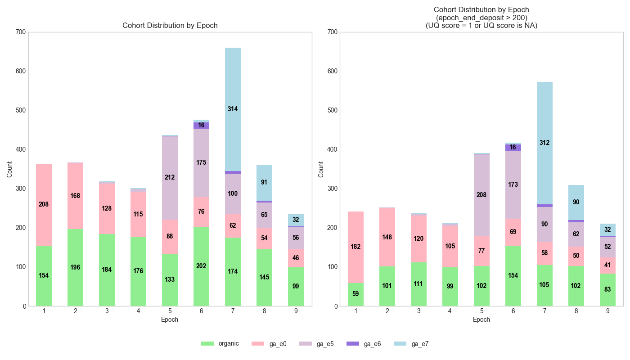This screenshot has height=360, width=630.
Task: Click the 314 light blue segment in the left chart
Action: pyautogui.click(x=233, y=109)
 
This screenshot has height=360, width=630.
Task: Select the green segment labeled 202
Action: pyautogui.click(x=201, y=266)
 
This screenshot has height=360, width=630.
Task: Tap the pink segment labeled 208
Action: pyautogui.click(x=44, y=205)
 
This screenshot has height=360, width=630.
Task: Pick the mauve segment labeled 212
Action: pyautogui.click(x=170, y=178)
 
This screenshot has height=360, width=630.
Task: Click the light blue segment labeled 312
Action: pyautogui.click(x=544, y=143)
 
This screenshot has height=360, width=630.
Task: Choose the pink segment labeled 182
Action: pyautogui.click(x=355, y=247)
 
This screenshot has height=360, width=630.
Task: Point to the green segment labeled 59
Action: pyautogui.click(x=355, y=294)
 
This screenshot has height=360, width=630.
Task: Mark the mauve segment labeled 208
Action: pyautogui.click(x=481, y=195)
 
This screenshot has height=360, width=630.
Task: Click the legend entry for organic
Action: pyautogui.click(x=220, y=344)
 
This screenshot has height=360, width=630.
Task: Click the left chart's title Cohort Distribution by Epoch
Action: pyautogui.click(x=170, y=26)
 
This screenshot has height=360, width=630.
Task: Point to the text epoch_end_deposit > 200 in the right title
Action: pyautogui.click(x=481, y=18)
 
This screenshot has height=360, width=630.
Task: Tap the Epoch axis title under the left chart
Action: pyautogui.click(x=170, y=319)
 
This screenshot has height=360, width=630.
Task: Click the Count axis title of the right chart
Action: pyautogui.click(x=321, y=169)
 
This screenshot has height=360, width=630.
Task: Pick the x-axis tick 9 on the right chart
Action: pyautogui.click(x=607, y=310)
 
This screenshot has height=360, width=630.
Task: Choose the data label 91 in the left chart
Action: pyautogui.click(x=264, y=183)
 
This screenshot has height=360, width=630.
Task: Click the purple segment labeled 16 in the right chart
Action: pyautogui.click(x=513, y=148)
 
